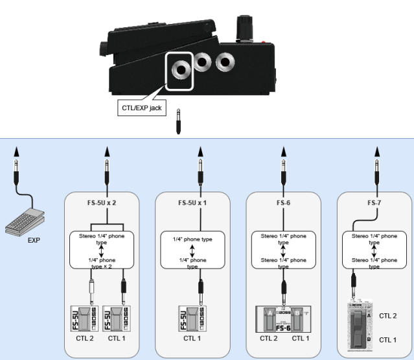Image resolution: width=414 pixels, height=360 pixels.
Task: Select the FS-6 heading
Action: (x=283, y=202)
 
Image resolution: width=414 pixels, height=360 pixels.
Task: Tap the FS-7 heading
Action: (x=374, y=202)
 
